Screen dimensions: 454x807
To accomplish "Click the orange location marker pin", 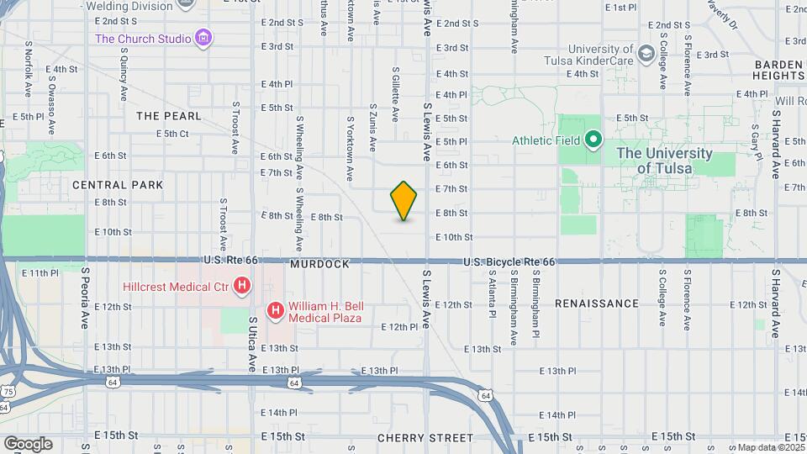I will (403, 201).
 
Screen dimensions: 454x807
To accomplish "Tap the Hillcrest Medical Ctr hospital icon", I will (242, 287).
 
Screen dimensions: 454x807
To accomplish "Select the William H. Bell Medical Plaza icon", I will (275, 312).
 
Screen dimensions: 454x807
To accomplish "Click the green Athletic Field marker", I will (593, 140).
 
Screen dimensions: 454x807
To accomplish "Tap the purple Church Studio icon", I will (203, 38).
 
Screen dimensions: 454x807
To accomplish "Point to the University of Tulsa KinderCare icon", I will (646, 55).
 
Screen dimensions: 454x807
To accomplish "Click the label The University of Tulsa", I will (664, 161).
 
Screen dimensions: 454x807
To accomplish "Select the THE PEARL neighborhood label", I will (169, 115).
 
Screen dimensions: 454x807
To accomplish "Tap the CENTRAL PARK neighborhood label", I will (118, 184).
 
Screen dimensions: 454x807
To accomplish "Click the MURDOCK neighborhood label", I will (319, 264).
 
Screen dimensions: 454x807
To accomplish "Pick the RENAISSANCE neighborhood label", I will (597, 303).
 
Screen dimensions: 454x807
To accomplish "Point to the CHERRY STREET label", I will (425, 438).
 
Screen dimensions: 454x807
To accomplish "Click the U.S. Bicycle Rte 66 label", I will (509, 262).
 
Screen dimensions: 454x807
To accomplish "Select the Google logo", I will (28, 443).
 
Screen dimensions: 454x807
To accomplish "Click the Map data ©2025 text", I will (768, 448).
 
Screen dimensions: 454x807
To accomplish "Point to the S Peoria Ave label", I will (85, 298).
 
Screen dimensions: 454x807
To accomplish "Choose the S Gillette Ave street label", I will (394, 94).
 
